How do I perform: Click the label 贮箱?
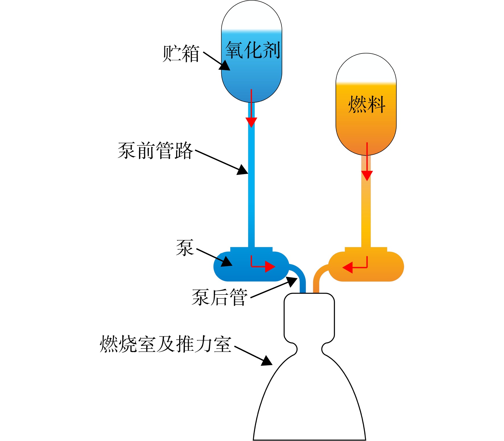pos(181,53)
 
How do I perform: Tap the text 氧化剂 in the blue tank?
pos(253,50)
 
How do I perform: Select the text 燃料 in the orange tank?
pos(367,104)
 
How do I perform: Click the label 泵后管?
pos(219,297)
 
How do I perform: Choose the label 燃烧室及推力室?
pos(166,344)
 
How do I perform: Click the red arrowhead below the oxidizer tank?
pos(251,122)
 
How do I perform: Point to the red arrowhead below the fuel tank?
pos(367,176)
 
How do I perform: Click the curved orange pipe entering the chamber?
pos(320,277)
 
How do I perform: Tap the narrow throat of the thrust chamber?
pos(309,349)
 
